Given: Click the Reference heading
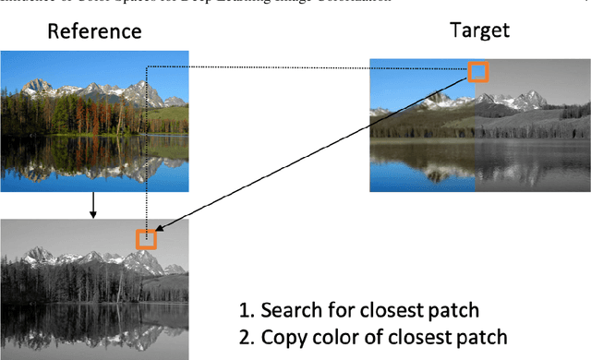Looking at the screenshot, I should (x=95, y=31).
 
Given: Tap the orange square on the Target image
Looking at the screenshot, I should (x=477, y=71).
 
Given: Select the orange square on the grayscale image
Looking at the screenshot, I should (x=146, y=239).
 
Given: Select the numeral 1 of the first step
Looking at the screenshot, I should (x=241, y=309).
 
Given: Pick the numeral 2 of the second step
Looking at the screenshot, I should (x=241, y=336).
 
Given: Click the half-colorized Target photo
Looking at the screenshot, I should (x=475, y=125).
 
